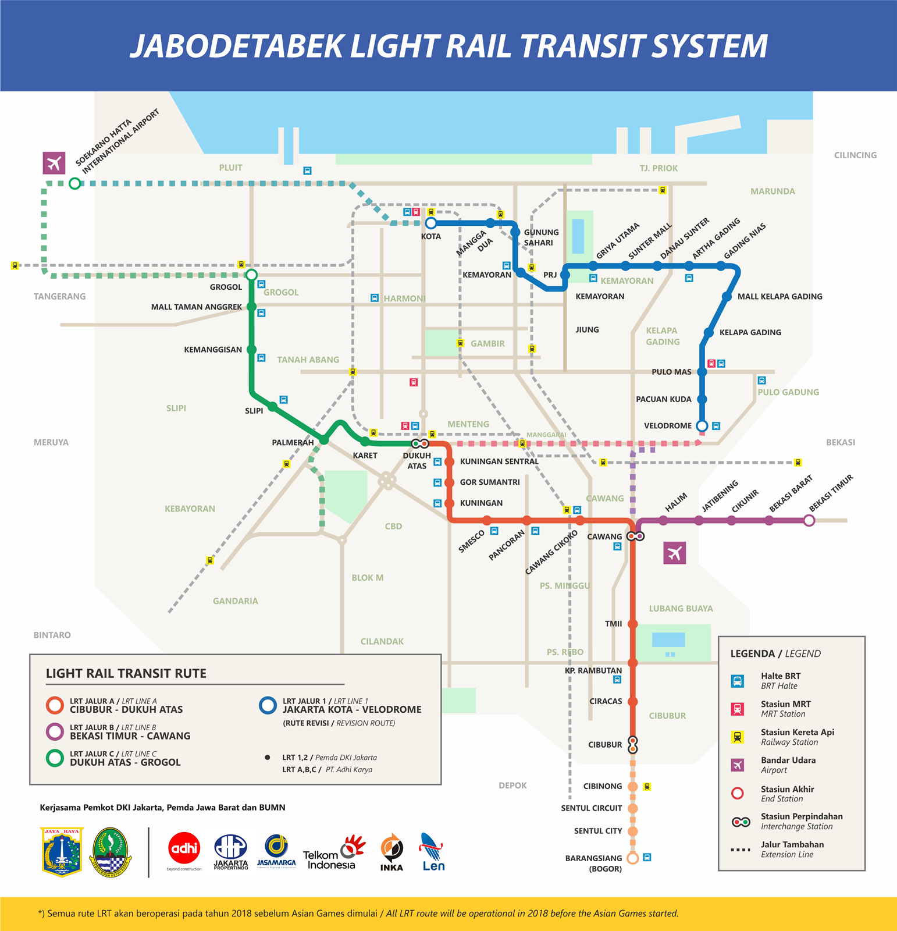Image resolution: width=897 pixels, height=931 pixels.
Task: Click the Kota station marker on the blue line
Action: pos(430,223)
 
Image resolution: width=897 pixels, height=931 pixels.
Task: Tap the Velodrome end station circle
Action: pos(702,425)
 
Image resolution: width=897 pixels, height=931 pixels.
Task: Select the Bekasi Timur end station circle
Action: pos(809,521)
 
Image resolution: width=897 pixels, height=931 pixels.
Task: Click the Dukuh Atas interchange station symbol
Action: pos(420,443)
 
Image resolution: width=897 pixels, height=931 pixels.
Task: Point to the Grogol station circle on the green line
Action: pos(251,275)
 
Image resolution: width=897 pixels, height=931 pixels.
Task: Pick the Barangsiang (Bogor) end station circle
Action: pos(633,858)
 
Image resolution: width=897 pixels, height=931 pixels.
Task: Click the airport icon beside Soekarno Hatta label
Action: pos(54,163)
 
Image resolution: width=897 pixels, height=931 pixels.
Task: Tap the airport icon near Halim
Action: pos(675,553)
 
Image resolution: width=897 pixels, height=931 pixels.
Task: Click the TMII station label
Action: pos(613,624)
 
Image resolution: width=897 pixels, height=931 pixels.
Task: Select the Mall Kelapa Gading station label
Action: pos(779,297)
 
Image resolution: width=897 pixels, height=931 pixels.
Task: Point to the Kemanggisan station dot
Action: pos(251,350)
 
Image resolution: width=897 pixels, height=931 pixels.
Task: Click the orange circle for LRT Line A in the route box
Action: pos(55,705)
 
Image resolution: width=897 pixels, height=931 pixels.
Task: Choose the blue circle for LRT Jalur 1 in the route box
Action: pos(268,705)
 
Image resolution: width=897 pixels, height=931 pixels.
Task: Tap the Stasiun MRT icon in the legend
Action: pos(737,709)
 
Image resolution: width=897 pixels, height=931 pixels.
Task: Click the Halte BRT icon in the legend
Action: pos(737,681)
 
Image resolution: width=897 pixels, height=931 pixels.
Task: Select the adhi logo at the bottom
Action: pos(184,850)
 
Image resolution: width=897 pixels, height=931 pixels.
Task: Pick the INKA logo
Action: pos(391,852)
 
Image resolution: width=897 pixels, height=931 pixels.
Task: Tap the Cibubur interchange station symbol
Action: pos(633,745)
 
